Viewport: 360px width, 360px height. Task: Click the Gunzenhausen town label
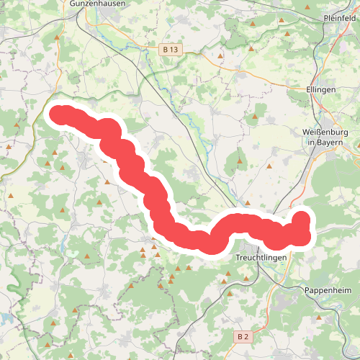(x=98, y=4)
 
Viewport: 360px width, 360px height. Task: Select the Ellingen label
(x=321, y=89)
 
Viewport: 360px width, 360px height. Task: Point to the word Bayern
(x=332, y=143)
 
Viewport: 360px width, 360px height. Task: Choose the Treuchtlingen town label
(x=261, y=257)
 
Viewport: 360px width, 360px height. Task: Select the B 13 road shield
(x=170, y=50)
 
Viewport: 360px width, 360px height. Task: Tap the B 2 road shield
(x=243, y=336)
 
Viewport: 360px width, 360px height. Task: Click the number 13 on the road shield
(x=174, y=50)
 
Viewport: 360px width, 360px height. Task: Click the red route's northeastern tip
(x=302, y=217)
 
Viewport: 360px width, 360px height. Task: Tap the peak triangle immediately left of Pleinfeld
(x=307, y=8)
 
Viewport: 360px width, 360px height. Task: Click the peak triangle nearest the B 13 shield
(x=221, y=54)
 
